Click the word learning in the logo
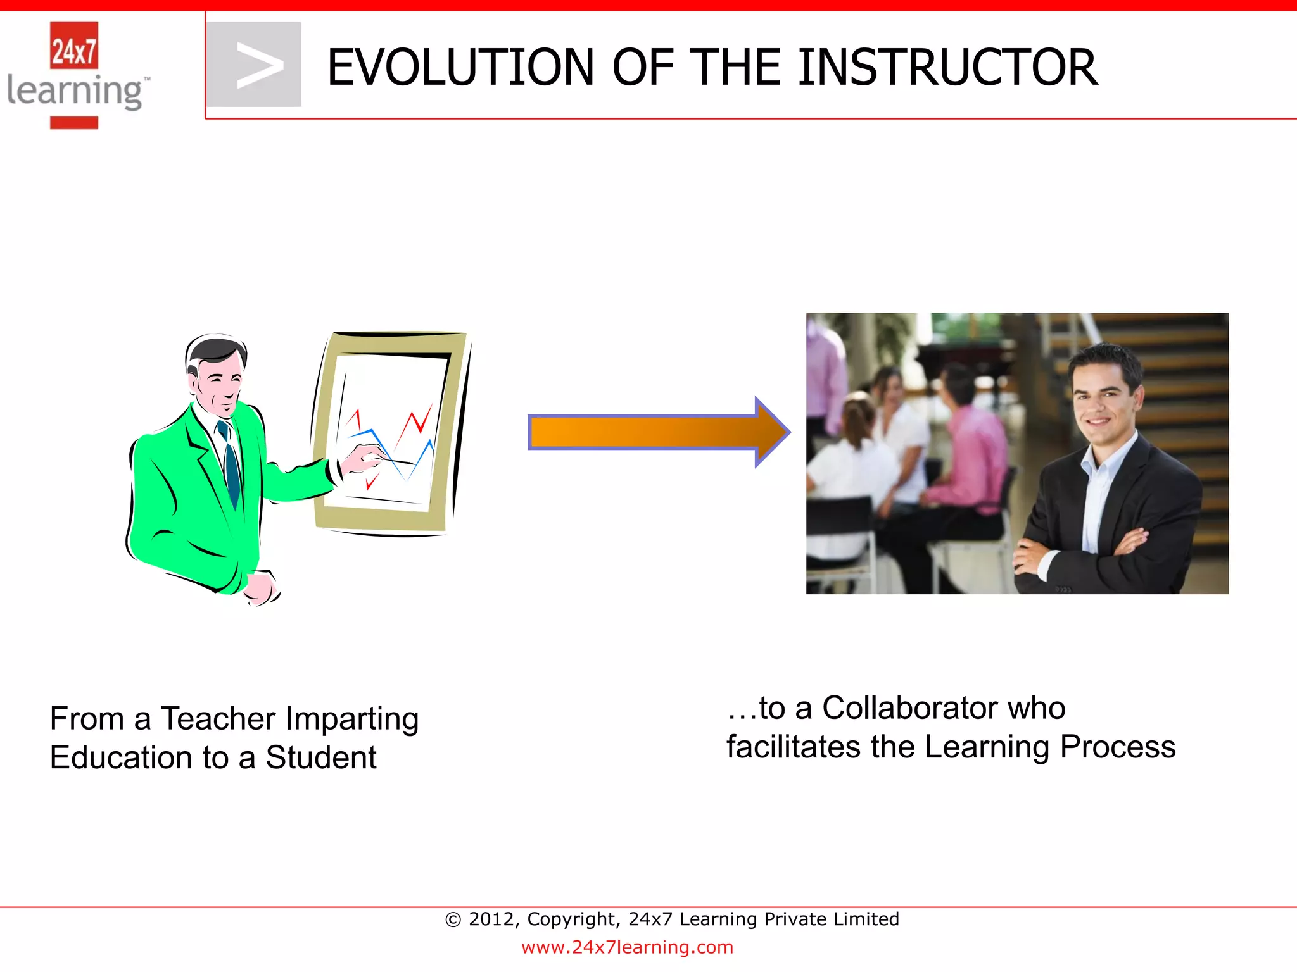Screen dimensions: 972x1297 pyautogui.click(x=75, y=92)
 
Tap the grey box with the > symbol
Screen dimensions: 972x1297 pyautogui.click(x=255, y=65)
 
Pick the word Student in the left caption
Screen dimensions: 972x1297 pyautogui.click(x=320, y=758)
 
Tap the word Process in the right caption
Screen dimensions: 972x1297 pyautogui.click(x=1117, y=747)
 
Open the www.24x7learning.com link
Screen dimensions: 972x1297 pyautogui.click(x=627, y=947)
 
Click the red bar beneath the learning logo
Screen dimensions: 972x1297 pyautogui.click(x=74, y=123)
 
